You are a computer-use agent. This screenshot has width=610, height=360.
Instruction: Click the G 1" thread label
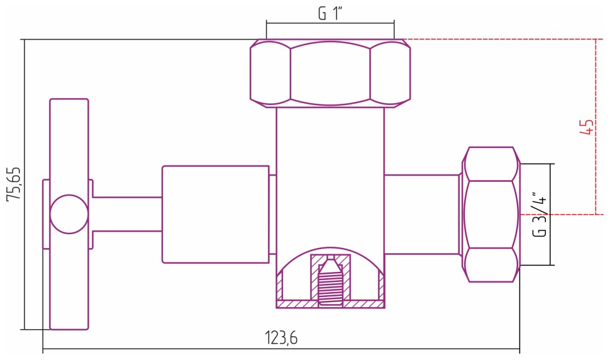[x=330, y=13]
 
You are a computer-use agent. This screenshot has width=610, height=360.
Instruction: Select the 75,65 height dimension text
[x=13, y=184]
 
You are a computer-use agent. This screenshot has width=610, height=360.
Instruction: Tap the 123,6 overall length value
[x=280, y=338]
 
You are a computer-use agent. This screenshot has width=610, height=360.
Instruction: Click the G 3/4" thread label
[x=540, y=214]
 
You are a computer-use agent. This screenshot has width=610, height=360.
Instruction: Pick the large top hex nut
[x=330, y=73]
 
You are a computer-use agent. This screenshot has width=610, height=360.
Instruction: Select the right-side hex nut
[x=492, y=214]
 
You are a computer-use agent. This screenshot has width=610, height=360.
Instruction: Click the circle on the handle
[x=69, y=214]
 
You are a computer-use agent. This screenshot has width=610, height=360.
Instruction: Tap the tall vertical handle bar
[x=69, y=138]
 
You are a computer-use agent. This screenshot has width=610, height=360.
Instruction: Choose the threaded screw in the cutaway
[x=330, y=283]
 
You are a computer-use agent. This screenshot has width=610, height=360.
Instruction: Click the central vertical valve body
[x=330, y=176]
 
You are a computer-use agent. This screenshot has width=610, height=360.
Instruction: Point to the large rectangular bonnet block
[x=216, y=214]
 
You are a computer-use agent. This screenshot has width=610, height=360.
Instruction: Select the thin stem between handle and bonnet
[x=126, y=214]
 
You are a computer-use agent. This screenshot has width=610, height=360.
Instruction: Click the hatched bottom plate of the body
[x=330, y=305]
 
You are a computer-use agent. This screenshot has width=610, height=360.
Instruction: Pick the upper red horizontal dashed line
[x=503, y=40]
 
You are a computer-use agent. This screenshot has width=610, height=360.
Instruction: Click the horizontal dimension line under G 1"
[x=330, y=23]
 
